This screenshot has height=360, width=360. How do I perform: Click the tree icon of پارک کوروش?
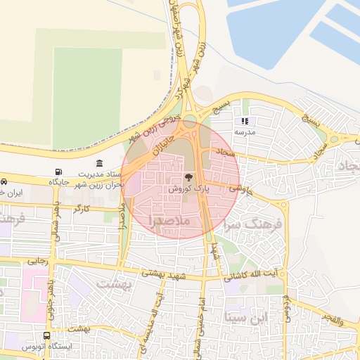[x=188, y=178]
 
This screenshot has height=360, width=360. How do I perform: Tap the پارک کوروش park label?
[x=190, y=189]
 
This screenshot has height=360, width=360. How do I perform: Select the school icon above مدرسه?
[x=245, y=122]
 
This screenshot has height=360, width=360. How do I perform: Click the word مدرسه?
[x=245, y=132]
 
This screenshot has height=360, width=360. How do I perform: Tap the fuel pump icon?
[x=58, y=172]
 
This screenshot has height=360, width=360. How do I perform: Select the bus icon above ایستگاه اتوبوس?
[x=46, y=336]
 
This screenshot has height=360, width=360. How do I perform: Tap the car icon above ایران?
[x=4, y=181]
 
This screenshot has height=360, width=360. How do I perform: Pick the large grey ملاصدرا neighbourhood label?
[x=175, y=221]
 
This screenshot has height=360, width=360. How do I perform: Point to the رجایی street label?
[x=37, y=260]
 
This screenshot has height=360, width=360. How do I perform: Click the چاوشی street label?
[x=239, y=189]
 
